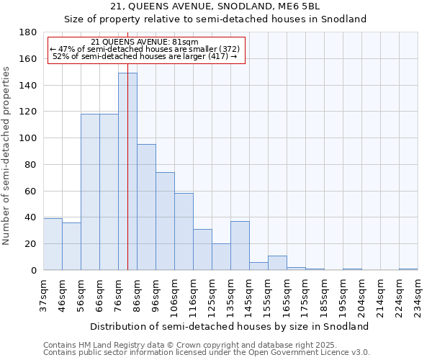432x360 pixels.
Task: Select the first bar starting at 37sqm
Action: pyautogui.click(x=53, y=244)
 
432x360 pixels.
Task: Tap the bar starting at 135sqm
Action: pyautogui.click(x=240, y=246)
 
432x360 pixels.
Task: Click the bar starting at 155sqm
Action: pyautogui.click(x=277, y=263)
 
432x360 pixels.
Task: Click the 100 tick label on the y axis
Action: pyautogui.click(x=28, y=138)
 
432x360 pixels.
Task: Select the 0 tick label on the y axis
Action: pyautogui.click(x=33, y=270)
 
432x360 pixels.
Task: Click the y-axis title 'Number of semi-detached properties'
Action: pyautogui.click(x=7, y=156)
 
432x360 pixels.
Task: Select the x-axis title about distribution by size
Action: pyautogui.click(x=230, y=326)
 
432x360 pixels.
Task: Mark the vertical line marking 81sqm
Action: pyautogui.click(x=127, y=180)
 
